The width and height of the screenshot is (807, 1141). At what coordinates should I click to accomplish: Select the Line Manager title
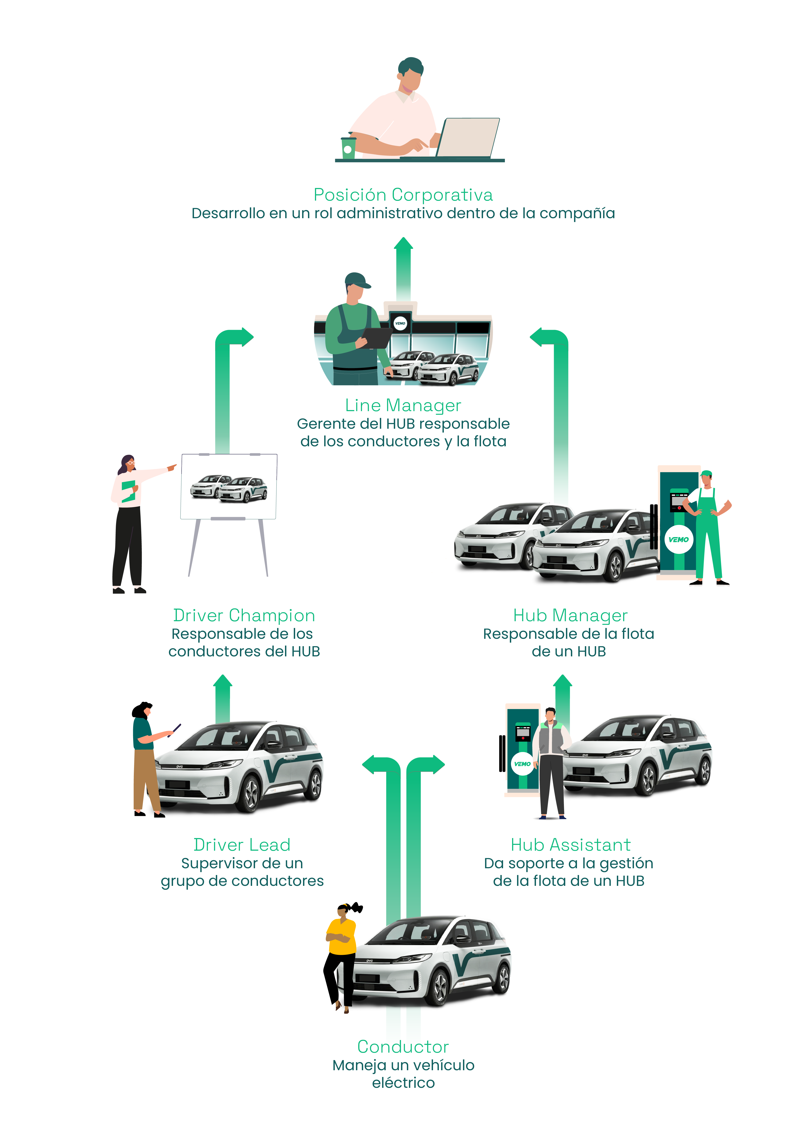(403, 405)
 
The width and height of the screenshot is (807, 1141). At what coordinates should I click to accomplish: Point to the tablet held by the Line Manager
(378, 338)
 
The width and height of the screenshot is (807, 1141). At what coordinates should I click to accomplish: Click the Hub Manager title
(570, 616)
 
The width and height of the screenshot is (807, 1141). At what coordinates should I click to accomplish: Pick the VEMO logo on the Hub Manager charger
(678, 539)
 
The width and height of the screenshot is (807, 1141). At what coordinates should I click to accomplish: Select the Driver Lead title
(242, 845)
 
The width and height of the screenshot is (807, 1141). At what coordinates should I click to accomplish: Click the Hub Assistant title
(570, 845)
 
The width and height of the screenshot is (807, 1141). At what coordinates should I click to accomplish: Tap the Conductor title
(403, 1047)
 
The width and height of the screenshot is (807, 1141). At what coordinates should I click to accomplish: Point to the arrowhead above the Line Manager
(403, 244)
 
